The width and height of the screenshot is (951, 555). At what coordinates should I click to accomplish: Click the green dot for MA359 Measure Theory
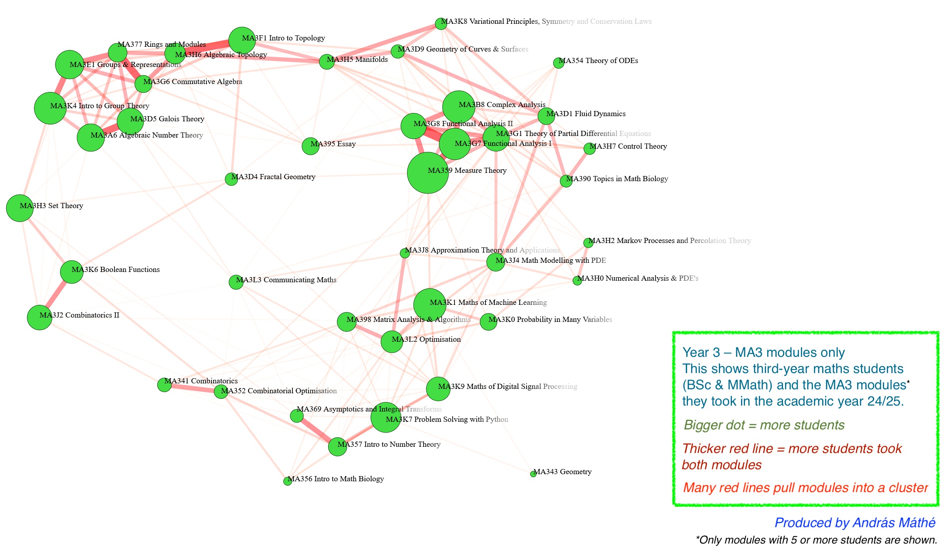[x=428, y=173]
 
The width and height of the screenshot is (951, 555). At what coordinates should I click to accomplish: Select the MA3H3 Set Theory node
[x=19, y=208]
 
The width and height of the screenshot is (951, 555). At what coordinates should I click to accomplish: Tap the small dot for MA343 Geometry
[x=533, y=474]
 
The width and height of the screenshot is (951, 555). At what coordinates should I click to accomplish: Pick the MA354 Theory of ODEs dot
[x=559, y=63]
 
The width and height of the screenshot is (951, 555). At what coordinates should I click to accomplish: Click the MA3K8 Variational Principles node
[x=441, y=24]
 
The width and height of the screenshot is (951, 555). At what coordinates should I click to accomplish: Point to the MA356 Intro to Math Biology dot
[x=288, y=481]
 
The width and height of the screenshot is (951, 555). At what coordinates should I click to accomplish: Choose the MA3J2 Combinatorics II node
[x=39, y=318]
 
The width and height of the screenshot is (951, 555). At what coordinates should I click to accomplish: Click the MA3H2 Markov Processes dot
[x=588, y=243]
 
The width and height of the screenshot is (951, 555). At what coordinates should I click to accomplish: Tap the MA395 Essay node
[x=311, y=146]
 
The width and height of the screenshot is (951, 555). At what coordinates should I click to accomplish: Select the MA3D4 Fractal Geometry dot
[x=231, y=179]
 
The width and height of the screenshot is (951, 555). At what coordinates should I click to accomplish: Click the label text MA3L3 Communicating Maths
[x=286, y=280]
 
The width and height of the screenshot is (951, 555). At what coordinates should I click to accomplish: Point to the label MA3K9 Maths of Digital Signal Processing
[x=508, y=387]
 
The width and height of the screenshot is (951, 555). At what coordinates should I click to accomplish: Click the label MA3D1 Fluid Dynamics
[x=586, y=114]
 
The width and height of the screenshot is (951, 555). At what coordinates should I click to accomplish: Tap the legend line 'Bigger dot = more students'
[x=764, y=425]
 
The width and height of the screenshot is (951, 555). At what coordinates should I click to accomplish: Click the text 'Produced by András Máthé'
[x=855, y=523]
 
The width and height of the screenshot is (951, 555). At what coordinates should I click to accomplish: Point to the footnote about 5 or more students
[x=816, y=540]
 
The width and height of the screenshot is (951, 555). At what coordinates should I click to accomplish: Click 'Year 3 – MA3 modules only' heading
[x=763, y=352]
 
